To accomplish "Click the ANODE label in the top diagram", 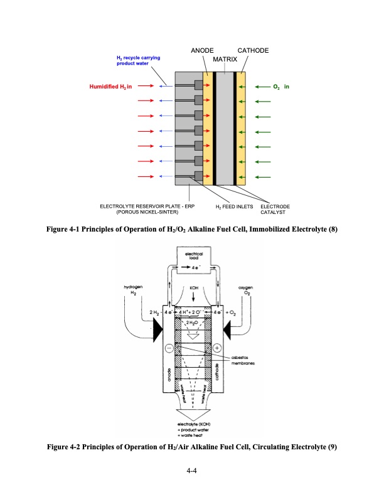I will pos(202,50).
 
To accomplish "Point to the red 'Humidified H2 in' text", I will pos(110,86).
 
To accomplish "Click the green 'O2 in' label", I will pos(280,86).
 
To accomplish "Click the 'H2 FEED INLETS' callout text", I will pos(233,206).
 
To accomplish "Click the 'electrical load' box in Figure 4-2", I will pos(193,257).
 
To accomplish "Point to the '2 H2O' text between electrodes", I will pos(193,322).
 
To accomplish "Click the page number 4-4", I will pos(192,471).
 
